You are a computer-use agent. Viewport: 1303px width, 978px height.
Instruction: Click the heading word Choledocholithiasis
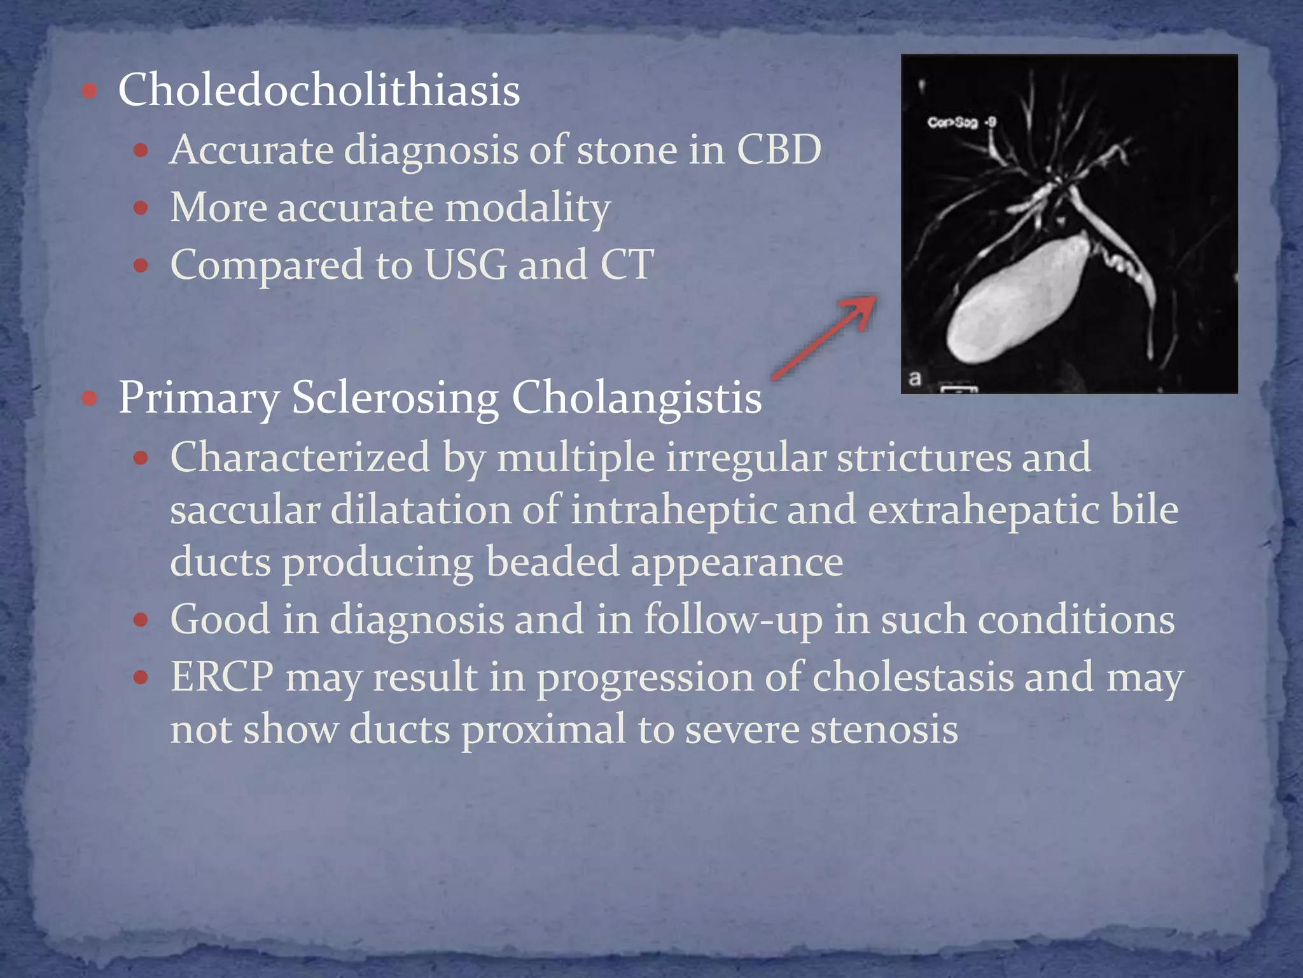tap(319, 90)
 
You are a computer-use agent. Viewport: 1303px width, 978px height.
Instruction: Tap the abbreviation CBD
tap(779, 150)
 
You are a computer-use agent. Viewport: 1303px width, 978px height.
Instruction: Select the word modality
tap(527, 208)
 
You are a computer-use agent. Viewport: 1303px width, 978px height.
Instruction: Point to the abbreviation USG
tap(465, 265)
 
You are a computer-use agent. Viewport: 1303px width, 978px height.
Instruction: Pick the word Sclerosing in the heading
tap(394, 399)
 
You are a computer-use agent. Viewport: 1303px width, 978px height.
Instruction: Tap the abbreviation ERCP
tap(222, 676)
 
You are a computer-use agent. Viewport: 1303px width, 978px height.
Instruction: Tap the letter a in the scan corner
tap(915, 378)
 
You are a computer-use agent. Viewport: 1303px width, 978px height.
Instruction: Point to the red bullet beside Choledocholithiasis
tap(90, 91)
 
